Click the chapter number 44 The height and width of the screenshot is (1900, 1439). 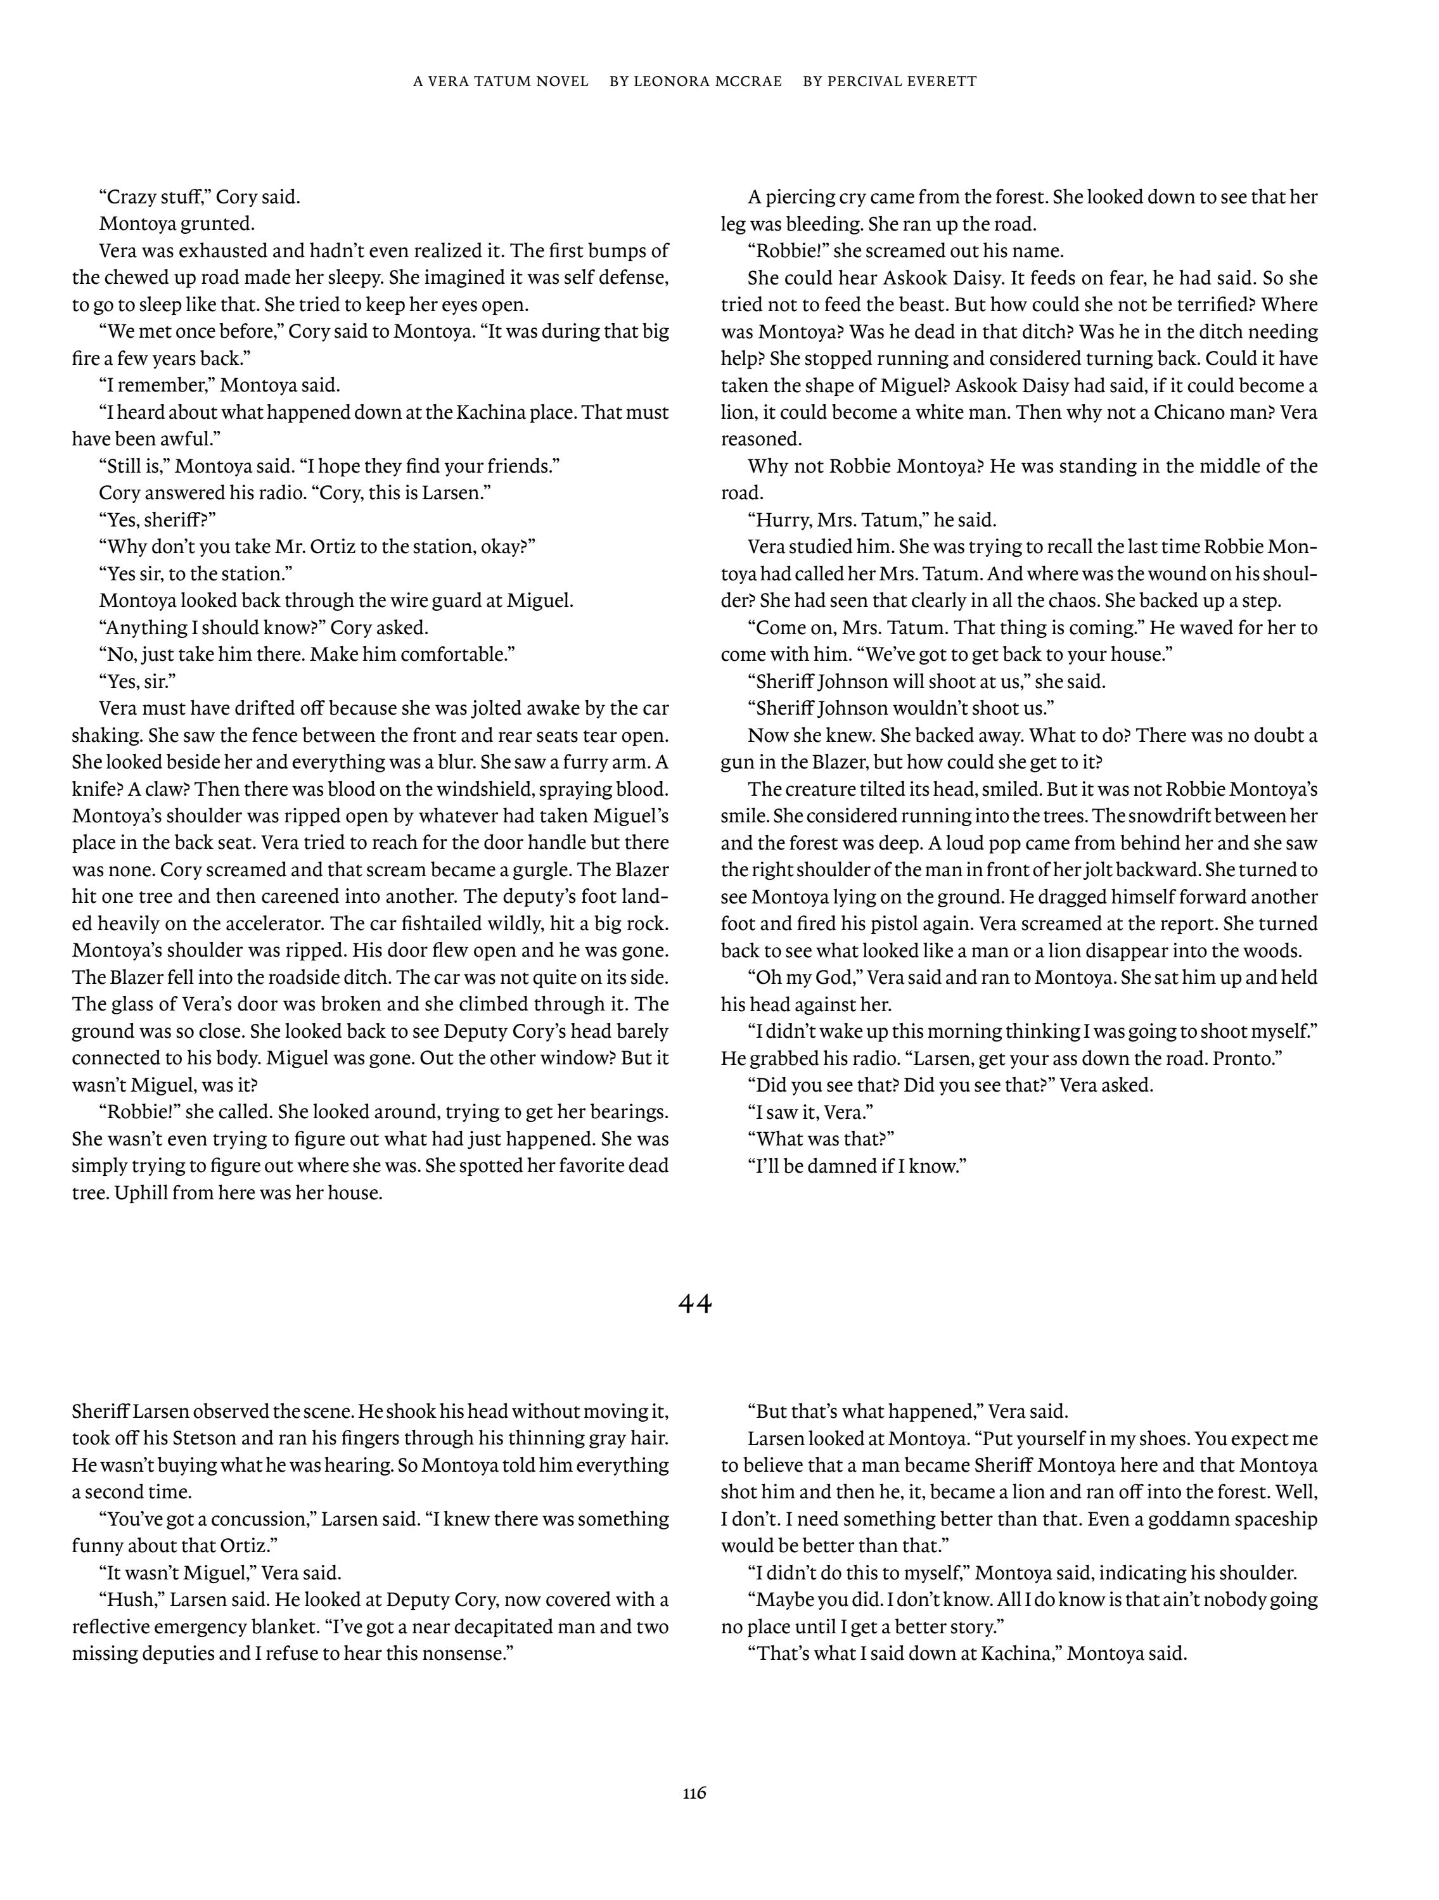(x=695, y=1304)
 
